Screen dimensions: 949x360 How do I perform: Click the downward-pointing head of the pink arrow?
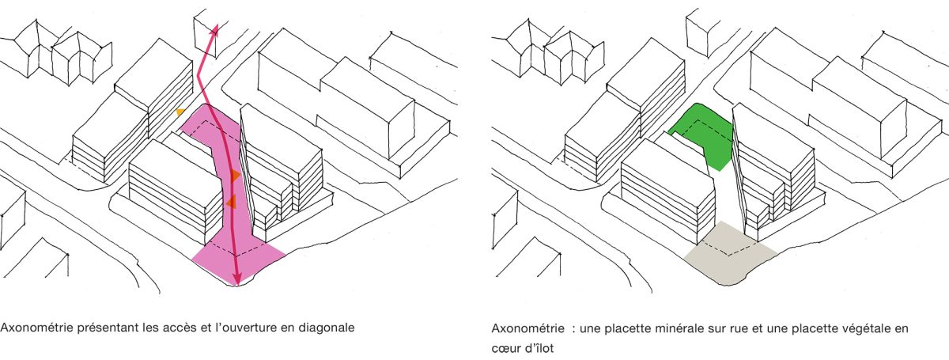pyautogui.click(x=237, y=281)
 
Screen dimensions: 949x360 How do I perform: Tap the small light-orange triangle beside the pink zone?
pyautogui.click(x=181, y=112)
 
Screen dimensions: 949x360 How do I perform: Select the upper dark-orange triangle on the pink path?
pyautogui.click(x=236, y=176)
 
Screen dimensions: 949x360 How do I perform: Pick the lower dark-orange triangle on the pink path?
pyautogui.click(x=231, y=203)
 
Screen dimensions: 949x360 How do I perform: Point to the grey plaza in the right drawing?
pyautogui.click(x=728, y=255)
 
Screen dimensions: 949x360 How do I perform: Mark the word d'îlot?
pyautogui.click(x=539, y=348)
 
